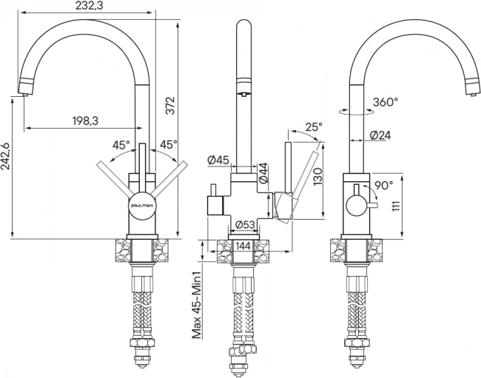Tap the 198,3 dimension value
85,121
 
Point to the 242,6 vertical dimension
5,156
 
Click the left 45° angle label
121,145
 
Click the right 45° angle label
169,144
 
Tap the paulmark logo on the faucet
143,203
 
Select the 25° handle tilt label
314,126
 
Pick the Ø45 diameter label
218,160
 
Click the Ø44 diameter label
263,173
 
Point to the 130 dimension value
318,176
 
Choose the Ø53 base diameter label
245,225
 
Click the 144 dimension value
243,246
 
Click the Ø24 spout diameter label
380,135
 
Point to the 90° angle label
384,185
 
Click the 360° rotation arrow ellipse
357,112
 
